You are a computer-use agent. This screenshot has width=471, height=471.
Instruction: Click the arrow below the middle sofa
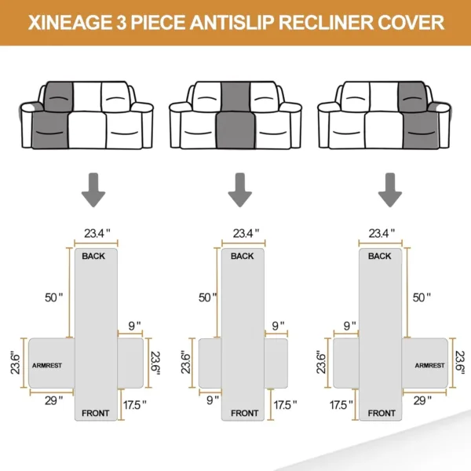[x=239, y=191]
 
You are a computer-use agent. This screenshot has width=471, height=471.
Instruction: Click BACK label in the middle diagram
[x=243, y=257]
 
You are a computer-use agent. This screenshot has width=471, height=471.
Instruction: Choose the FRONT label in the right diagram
[x=382, y=413]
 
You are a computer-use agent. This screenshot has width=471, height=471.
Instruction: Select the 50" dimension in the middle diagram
[x=206, y=298]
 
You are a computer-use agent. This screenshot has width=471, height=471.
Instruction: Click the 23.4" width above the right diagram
[x=382, y=233]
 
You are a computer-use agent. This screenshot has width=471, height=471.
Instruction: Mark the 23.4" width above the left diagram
[x=97, y=233]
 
